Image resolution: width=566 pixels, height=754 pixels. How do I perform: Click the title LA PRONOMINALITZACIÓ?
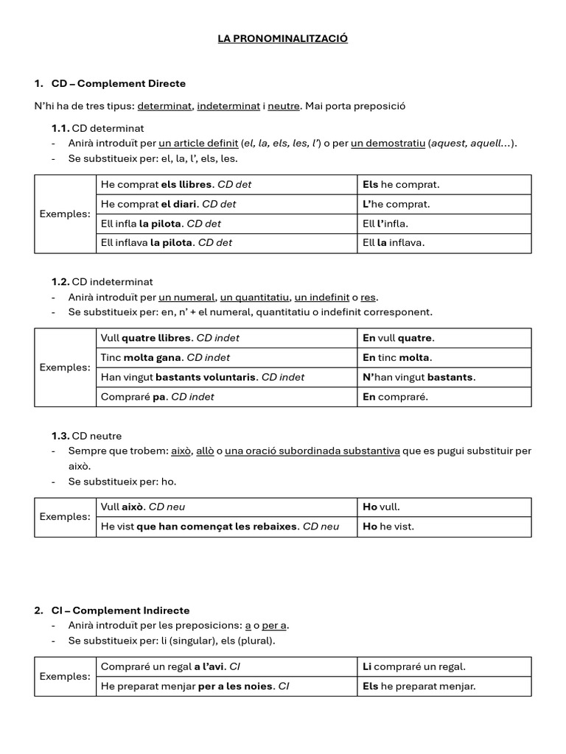(x=282, y=38)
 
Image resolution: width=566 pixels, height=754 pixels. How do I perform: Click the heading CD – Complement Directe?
(x=118, y=83)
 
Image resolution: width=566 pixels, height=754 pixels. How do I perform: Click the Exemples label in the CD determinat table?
(x=65, y=214)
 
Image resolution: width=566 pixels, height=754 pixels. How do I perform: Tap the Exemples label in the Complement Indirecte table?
(x=65, y=677)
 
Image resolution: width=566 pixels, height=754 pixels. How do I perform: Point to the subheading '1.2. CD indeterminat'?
(x=102, y=281)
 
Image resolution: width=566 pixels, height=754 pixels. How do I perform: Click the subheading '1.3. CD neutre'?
(x=87, y=436)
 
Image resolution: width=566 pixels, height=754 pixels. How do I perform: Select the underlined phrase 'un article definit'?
(x=198, y=144)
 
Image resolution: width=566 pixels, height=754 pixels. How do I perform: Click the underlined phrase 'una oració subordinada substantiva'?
(x=312, y=451)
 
